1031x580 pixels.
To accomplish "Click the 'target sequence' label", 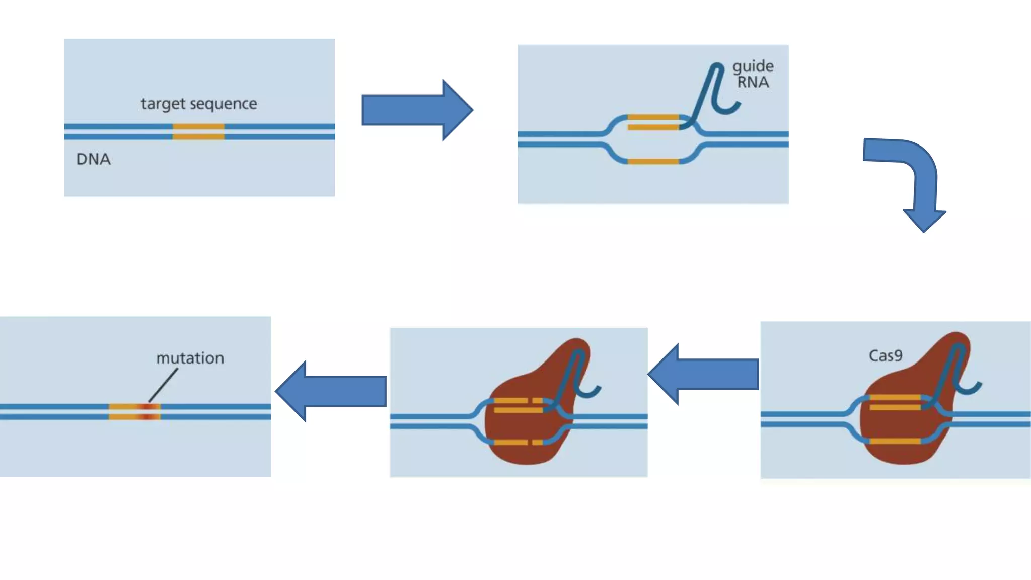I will tap(199, 104).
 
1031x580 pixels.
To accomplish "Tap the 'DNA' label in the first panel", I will tap(93, 159).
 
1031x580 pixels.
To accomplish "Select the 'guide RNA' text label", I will tap(753, 74).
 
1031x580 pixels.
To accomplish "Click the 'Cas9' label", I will tap(886, 355).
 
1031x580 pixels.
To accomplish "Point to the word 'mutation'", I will tap(190, 358).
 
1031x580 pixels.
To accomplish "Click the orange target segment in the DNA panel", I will tap(198, 131).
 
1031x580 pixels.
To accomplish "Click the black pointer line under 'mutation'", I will tap(163, 385).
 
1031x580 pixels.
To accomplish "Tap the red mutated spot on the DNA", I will tap(147, 411).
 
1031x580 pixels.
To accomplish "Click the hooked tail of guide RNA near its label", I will tap(727, 108).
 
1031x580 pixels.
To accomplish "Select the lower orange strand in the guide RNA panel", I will tap(653, 161).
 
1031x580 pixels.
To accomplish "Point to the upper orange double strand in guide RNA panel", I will tap(653, 122).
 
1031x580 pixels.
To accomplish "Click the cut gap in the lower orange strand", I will tap(530, 442).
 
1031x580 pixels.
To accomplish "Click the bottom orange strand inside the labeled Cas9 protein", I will tap(895, 441).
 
